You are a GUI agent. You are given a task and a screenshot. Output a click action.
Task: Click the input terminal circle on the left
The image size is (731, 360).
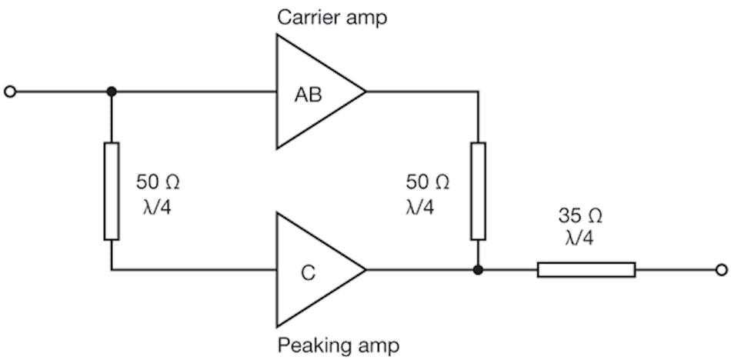pos(10,92)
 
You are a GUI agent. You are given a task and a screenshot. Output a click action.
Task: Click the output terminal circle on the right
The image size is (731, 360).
pos(720,269)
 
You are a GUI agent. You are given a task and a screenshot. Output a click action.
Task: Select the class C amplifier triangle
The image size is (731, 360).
pos(312,269)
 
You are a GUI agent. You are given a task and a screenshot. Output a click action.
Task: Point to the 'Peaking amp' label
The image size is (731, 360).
pos(338,345)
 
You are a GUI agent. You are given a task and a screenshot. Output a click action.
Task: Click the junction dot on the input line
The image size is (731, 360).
pos(112,92)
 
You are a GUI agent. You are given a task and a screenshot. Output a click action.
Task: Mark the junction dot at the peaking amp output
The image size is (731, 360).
pos(478,269)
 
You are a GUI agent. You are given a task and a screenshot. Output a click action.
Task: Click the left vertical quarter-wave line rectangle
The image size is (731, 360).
pos(112,191)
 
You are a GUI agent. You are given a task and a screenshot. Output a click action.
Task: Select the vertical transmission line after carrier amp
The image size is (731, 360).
pos(478,191)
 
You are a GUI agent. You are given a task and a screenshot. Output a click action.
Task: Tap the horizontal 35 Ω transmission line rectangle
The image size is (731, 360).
pos(586,269)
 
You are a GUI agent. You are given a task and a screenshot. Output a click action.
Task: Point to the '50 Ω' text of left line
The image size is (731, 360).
pos(158,182)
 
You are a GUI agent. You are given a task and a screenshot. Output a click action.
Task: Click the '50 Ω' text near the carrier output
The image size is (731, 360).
pos(427,182)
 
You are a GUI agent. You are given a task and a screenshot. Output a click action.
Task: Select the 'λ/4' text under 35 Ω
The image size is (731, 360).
pos(579,239)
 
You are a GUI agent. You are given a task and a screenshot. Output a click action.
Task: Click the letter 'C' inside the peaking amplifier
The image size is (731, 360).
pos(307,272)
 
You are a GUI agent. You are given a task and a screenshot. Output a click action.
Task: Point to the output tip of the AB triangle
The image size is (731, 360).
pos(364,92)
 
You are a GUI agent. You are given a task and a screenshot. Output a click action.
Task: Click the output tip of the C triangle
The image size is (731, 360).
pos(364,269)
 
